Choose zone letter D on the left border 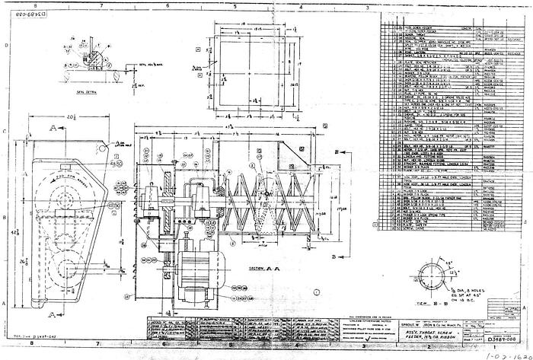(6, 46)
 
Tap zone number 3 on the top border (369, 5)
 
